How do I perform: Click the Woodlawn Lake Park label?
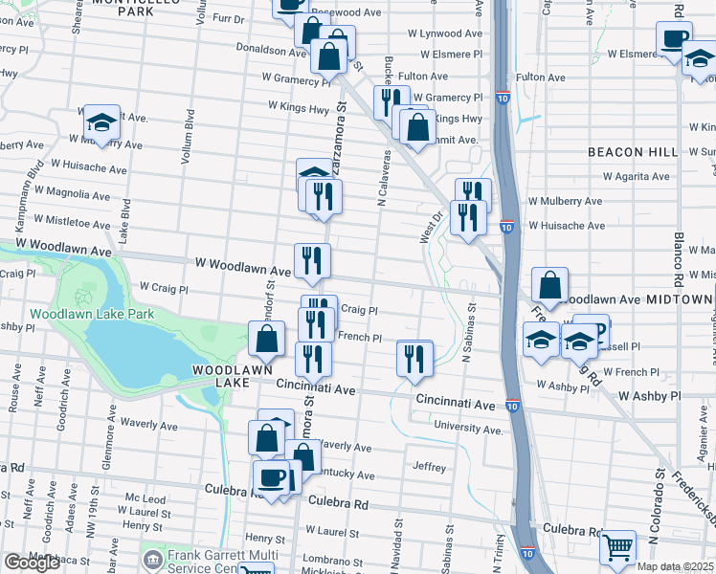91,314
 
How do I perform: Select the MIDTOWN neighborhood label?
679,299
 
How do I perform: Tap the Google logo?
32,563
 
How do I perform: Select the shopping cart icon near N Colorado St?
617,548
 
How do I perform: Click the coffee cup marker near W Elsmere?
674,39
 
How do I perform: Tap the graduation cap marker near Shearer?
101,122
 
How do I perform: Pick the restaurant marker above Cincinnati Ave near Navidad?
414,359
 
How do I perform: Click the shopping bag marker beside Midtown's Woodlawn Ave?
549,284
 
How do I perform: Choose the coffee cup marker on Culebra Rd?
271,476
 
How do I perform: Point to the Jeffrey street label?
430,468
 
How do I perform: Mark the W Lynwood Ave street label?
445,33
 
